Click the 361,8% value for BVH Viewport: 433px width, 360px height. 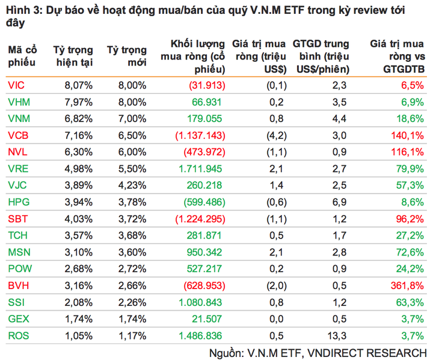tap(408, 284)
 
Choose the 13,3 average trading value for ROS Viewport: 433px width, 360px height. tap(339, 335)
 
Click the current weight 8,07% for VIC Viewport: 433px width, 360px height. tap(78, 86)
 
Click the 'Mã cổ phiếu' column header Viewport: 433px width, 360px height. tap(22, 55)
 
